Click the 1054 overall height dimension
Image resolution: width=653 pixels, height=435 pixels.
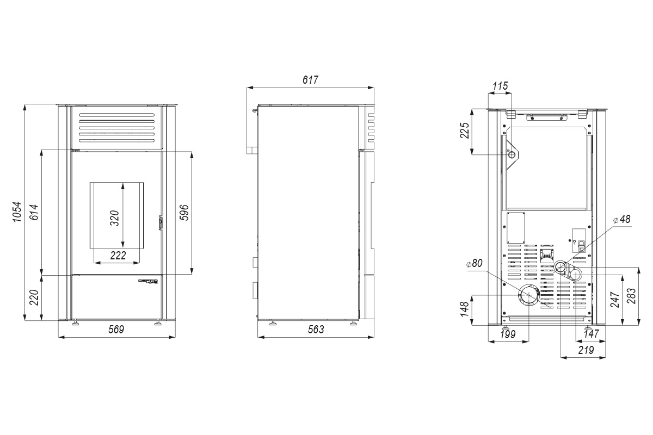[x=17, y=212]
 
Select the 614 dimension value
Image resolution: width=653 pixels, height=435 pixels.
[x=34, y=212]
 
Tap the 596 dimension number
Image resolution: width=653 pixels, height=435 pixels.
[x=184, y=213]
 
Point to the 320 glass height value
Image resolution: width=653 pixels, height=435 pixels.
[x=115, y=218]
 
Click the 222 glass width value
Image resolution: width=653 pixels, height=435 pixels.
[x=118, y=255]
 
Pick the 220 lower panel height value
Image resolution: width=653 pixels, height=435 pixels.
[x=34, y=297]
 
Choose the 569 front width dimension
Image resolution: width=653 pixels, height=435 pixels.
[x=116, y=329]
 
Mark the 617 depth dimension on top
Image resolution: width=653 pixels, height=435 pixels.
[x=311, y=80]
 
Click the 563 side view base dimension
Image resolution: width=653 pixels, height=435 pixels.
[x=316, y=329]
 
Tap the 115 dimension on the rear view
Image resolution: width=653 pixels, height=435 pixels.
[x=500, y=86]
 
